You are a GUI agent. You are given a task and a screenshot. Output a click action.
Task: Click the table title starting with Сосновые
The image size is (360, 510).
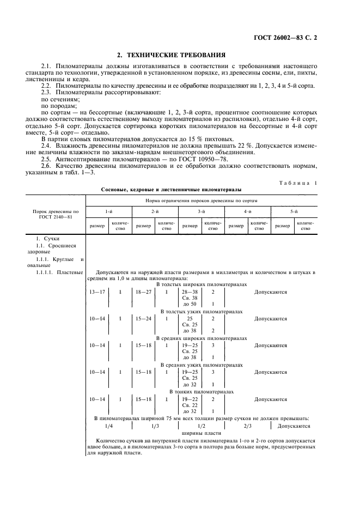[x=172, y=190]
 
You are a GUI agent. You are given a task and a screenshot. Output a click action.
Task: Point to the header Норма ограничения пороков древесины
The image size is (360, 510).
[x=201, y=200]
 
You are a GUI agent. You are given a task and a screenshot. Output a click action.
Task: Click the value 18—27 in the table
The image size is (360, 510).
[x=143, y=292]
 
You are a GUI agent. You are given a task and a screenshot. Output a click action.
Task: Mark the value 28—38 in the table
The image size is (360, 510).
[x=190, y=292]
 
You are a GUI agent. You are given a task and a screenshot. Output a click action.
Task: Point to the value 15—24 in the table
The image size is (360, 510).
[x=143, y=318]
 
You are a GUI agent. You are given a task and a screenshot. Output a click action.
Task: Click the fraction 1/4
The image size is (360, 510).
[x=109, y=426]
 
